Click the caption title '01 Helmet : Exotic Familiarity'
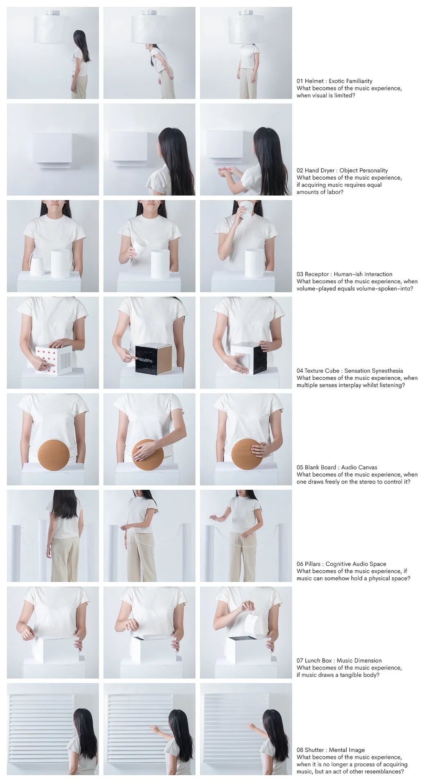tap(334, 81)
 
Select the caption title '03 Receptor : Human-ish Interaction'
tap(344, 274)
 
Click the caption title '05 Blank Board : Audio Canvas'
tap(337, 467)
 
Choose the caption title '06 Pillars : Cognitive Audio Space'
tap(341, 564)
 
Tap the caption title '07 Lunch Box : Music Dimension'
tap(339, 660)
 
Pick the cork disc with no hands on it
tap(54, 455)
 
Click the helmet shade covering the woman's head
tap(246, 29)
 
